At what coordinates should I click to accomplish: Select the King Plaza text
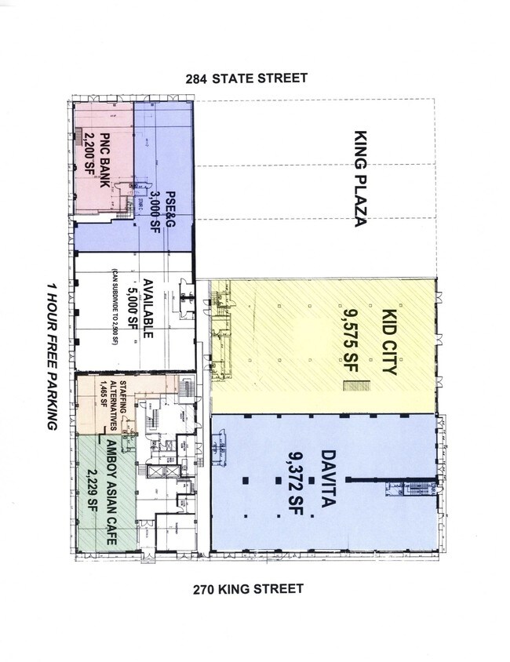click(x=361, y=179)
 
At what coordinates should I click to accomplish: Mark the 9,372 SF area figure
click(x=286, y=479)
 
